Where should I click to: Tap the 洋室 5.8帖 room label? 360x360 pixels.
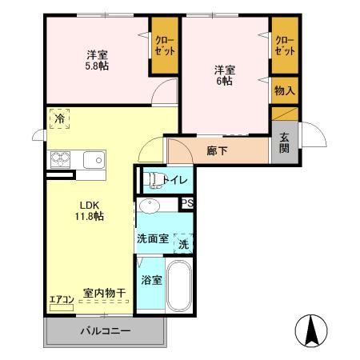point(97,60)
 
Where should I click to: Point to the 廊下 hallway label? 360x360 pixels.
point(216,150)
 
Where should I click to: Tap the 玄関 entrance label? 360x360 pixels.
point(284,144)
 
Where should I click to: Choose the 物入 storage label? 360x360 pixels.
point(284,90)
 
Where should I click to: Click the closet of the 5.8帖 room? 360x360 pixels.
point(165,45)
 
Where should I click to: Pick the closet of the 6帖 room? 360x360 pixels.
point(284,45)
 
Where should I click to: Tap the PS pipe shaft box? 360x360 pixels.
point(187,203)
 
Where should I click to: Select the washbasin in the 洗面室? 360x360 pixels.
point(150,206)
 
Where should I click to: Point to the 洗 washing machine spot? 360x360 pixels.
point(184,242)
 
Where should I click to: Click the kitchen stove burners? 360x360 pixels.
point(61,158)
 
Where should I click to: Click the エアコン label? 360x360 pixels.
point(62,299)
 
